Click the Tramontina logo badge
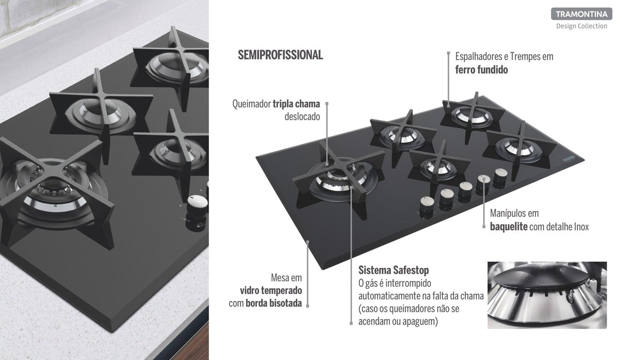(x=581, y=14)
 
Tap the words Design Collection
(x=581, y=26)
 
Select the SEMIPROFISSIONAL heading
(x=280, y=55)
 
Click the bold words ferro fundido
(x=481, y=69)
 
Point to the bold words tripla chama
(x=296, y=104)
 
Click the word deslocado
(x=302, y=116)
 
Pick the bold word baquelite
(x=508, y=227)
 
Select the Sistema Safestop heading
(x=393, y=270)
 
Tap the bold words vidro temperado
(x=271, y=291)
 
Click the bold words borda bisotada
(x=274, y=303)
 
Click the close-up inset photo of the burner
(x=547, y=295)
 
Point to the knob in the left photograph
(x=197, y=205)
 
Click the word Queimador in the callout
(x=251, y=104)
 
